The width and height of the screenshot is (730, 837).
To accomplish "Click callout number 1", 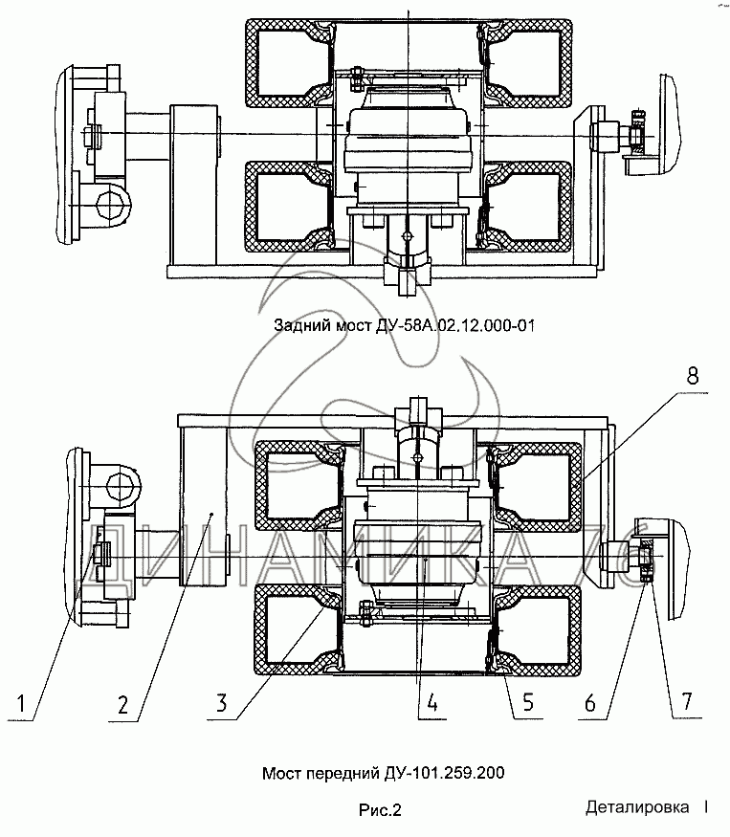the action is tap(21, 703).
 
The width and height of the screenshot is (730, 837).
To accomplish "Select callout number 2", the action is tap(122, 704).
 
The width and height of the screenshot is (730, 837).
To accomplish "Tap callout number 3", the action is tap(222, 702).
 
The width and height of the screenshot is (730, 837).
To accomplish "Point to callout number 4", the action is tap(432, 702).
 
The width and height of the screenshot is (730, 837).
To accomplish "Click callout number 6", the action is tap(590, 703).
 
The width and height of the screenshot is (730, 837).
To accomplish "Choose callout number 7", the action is tap(687, 700).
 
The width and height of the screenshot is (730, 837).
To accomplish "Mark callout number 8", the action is tap(692, 376).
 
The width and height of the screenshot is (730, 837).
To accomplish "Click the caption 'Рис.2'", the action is tap(380, 810).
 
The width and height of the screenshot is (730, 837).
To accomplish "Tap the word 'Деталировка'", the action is tap(637, 807).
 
